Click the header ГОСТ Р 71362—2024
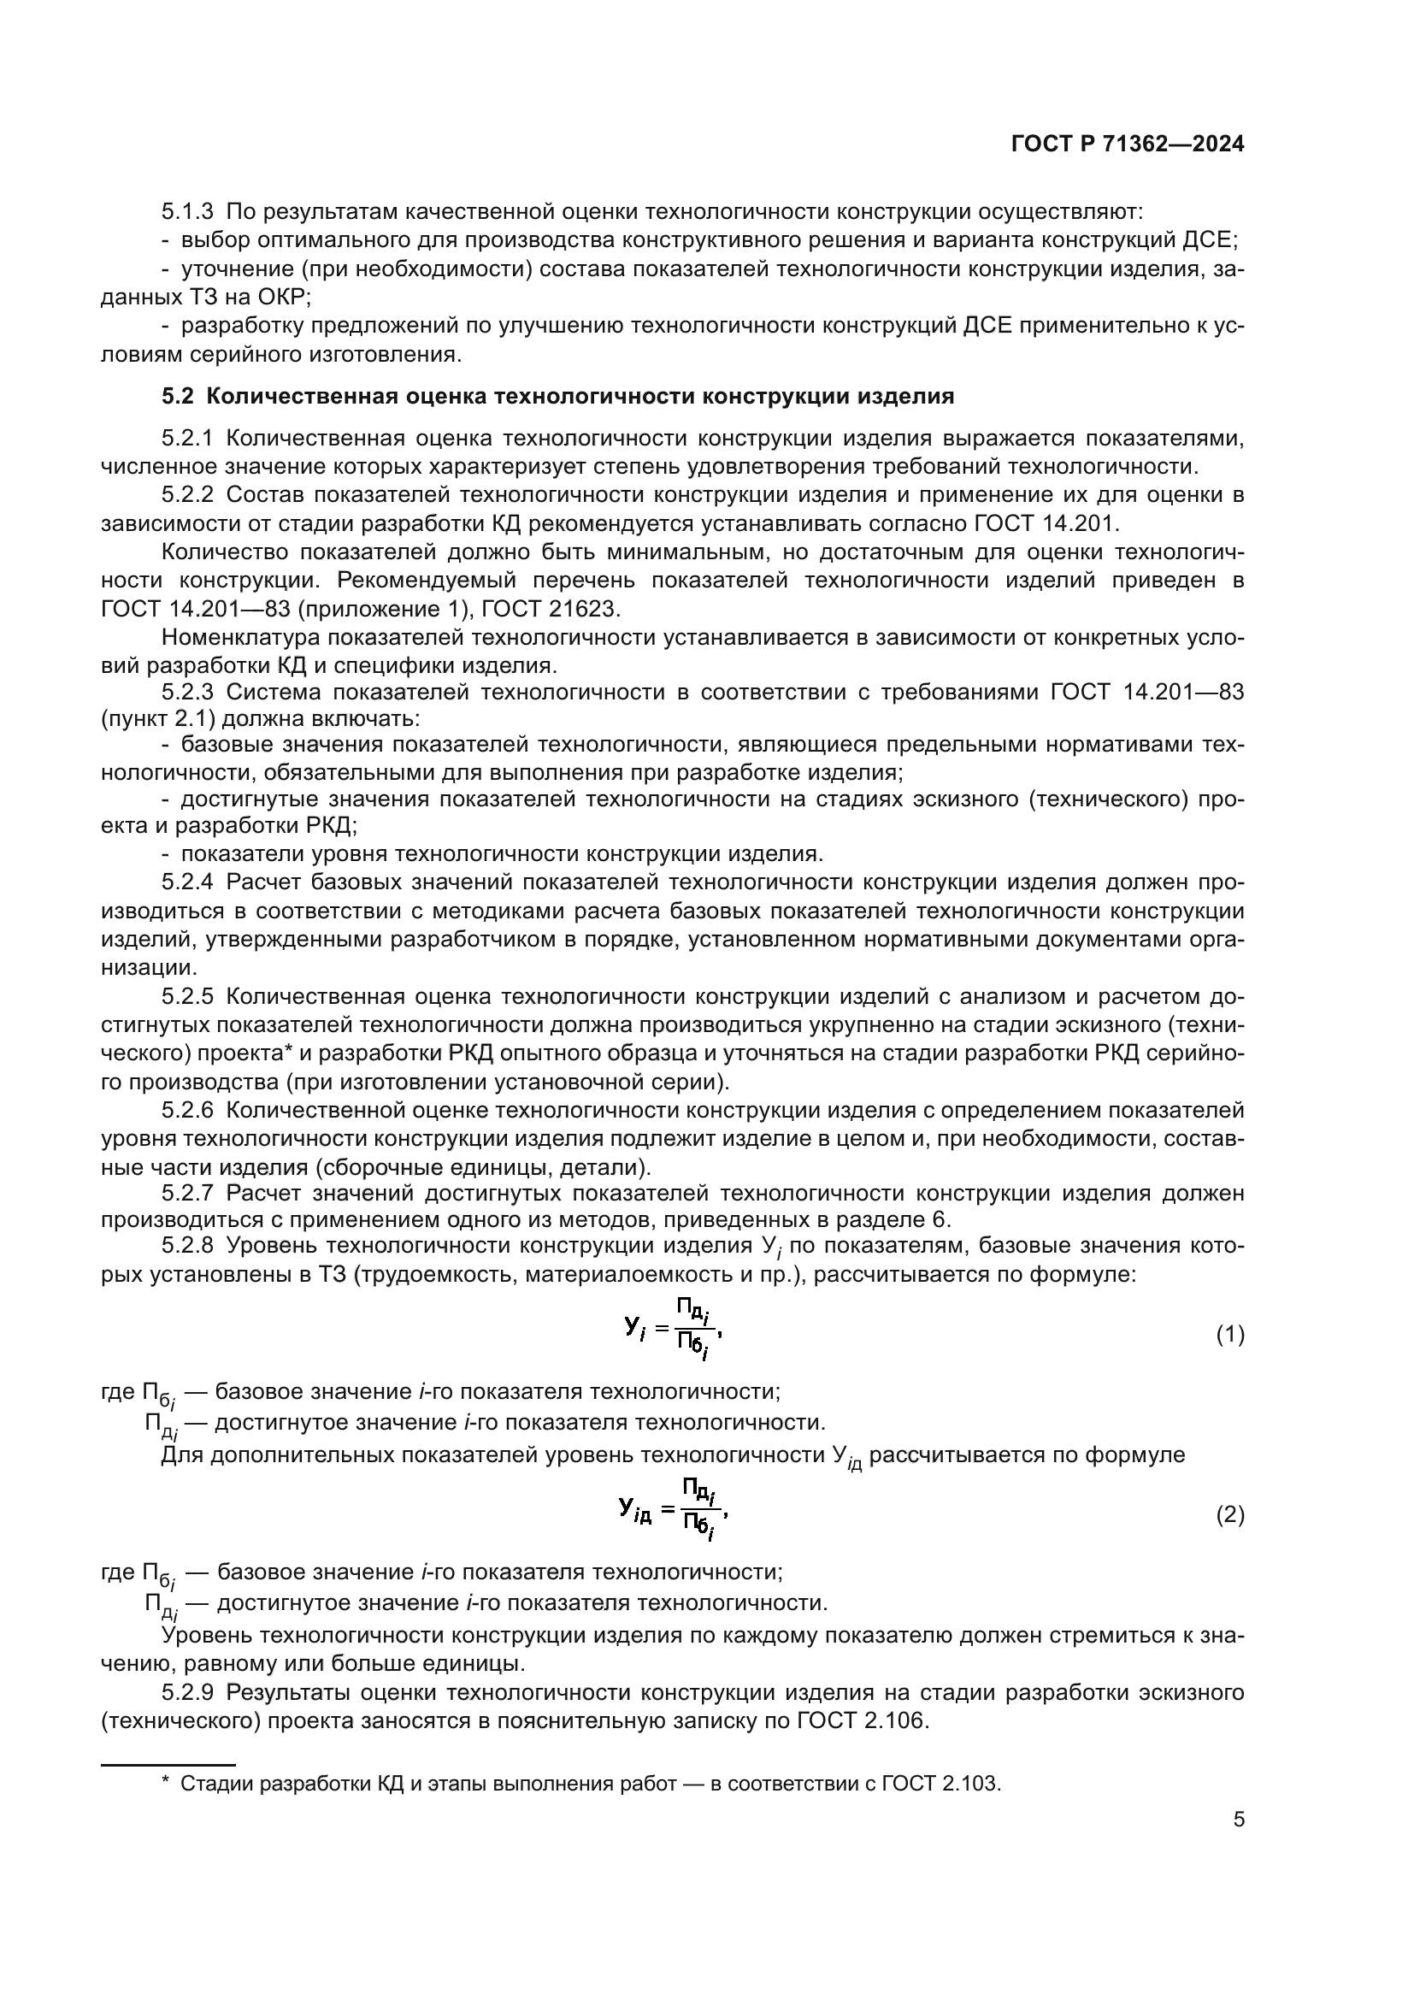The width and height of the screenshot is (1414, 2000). coord(1128,145)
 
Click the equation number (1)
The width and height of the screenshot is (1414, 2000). coord(1229,1335)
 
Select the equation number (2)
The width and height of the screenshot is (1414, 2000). coord(1229,1515)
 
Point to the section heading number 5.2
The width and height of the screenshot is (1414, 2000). coord(178,397)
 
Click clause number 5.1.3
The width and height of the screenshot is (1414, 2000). coord(187,212)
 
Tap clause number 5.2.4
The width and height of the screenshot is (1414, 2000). coord(187,882)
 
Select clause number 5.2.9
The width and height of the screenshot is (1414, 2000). coord(187,1692)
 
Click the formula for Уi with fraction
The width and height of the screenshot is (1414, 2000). coord(673,1330)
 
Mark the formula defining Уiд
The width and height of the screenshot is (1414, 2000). coord(673,1509)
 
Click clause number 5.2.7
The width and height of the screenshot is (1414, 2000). coord(187,1193)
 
